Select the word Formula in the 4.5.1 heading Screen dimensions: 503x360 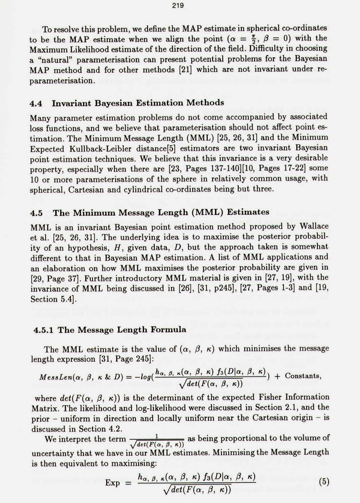[x=168, y=330]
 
